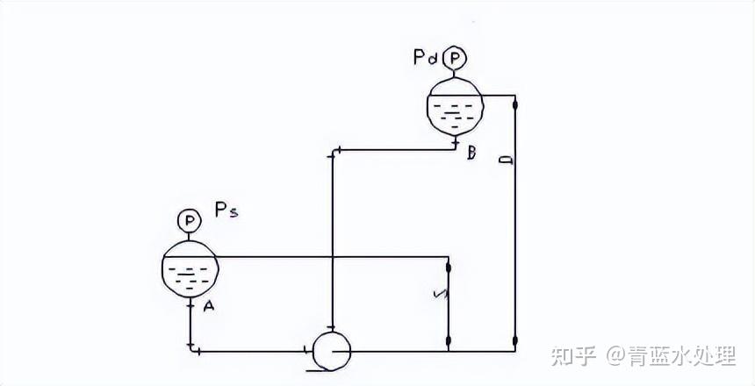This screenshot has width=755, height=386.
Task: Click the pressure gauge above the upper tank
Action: pyautogui.click(x=454, y=58)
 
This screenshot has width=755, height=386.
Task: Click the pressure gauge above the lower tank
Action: pyautogui.click(x=188, y=220)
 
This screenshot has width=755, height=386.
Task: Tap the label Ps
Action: pyautogui.click(x=226, y=211)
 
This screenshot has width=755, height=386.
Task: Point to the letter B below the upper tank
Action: pyautogui.click(x=471, y=154)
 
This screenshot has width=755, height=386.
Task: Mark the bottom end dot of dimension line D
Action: pyautogui.click(x=515, y=340)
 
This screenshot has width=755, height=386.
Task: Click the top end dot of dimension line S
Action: pyautogui.click(x=449, y=267)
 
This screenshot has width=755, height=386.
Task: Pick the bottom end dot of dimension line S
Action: pyautogui.click(x=449, y=340)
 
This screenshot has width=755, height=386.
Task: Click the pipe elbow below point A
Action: pyautogui.click(x=191, y=348)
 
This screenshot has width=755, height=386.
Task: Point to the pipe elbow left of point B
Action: pyautogui.click(x=333, y=154)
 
